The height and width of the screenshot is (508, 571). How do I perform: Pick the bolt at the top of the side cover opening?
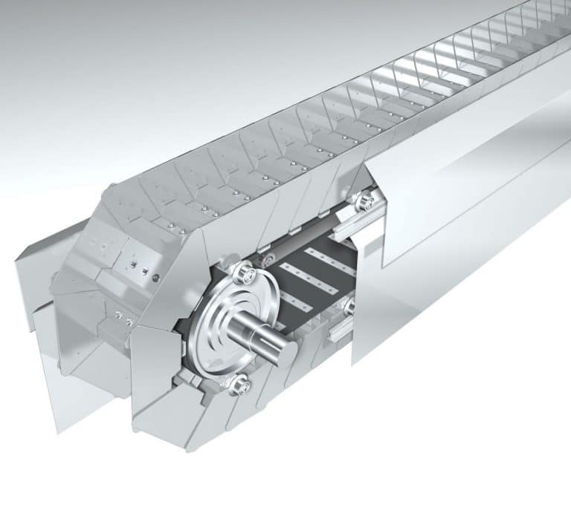click(x=364, y=201)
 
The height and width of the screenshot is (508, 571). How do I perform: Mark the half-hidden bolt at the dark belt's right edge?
click(x=350, y=305)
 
